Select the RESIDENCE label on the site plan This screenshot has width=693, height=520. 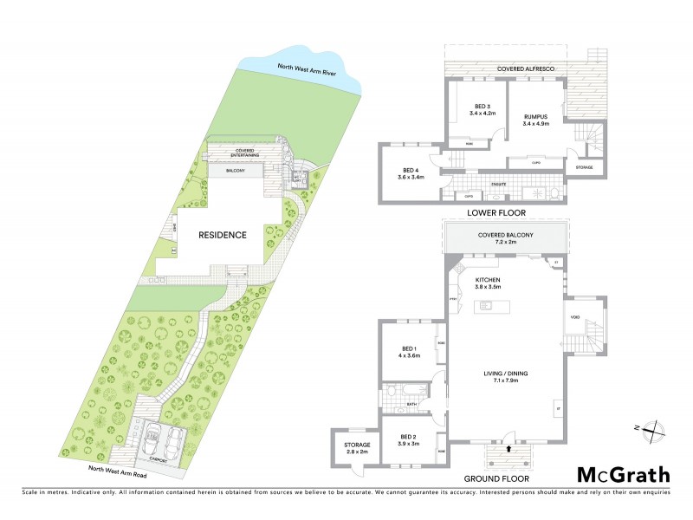pos(223,235)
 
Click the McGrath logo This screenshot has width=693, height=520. pos(624,474)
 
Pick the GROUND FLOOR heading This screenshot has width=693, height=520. pos(497,478)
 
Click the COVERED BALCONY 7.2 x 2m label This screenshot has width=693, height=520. pos(507,238)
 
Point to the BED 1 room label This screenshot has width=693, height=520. pos(408,351)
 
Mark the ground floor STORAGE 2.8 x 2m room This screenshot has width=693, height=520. pos(351,448)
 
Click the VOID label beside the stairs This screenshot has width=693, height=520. pos(575,317)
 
